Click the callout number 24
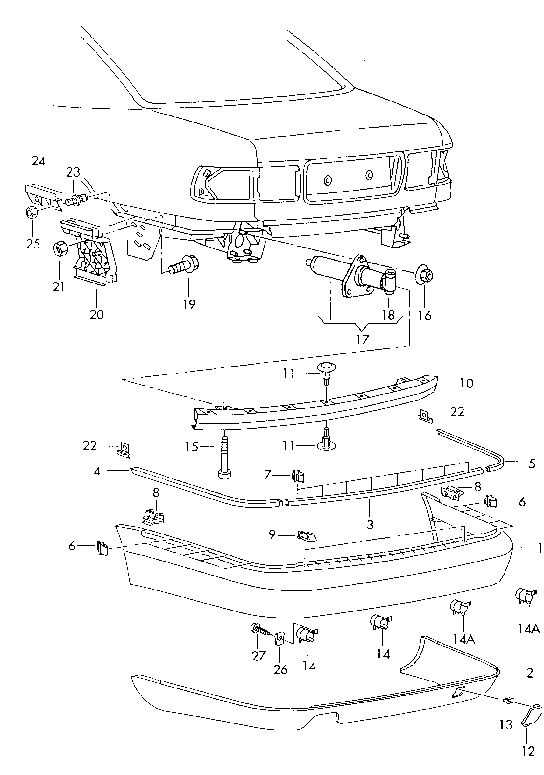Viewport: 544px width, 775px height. [x=39, y=161]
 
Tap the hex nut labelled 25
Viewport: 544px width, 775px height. [x=32, y=212]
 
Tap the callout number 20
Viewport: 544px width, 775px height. [x=96, y=315]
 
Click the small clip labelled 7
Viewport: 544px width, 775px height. [x=298, y=477]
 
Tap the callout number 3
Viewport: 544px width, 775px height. [x=370, y=525]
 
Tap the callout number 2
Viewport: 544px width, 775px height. [x=529, y=673]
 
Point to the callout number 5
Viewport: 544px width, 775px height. [x=532, y=464]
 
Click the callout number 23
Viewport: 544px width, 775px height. [x=73, y=172]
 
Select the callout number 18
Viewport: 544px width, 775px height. [x=388, y=315]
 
